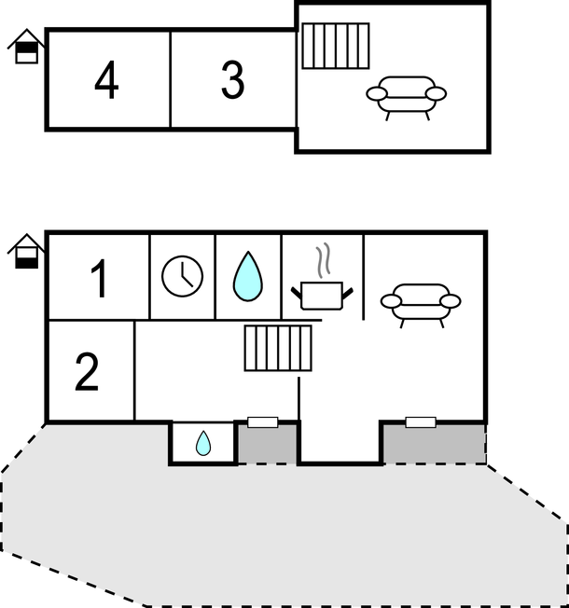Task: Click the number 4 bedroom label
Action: click(106, 80)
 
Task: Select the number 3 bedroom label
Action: click(232, 80)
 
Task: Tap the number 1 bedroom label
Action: click(99, 279)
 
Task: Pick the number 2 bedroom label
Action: click(87, 371)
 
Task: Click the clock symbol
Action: click(182, 276)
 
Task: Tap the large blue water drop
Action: click(248, 276)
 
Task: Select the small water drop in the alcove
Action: click(203, 443)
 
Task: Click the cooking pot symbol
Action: click(322, 296)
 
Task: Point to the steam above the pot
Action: click(323, 260)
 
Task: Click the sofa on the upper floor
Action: click(407, 98)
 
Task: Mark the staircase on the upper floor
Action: click(336, 46)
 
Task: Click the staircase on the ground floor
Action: click(278, 348)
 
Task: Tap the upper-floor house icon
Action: click(26, 46)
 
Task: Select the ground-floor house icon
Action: click(26, 251)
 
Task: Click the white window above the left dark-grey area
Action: click(263, 422)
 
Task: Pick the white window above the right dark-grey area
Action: click(421, 422)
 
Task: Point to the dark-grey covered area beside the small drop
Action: click(267, 445)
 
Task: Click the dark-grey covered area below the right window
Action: click(435, 445)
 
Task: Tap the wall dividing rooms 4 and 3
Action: click(171, 79)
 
